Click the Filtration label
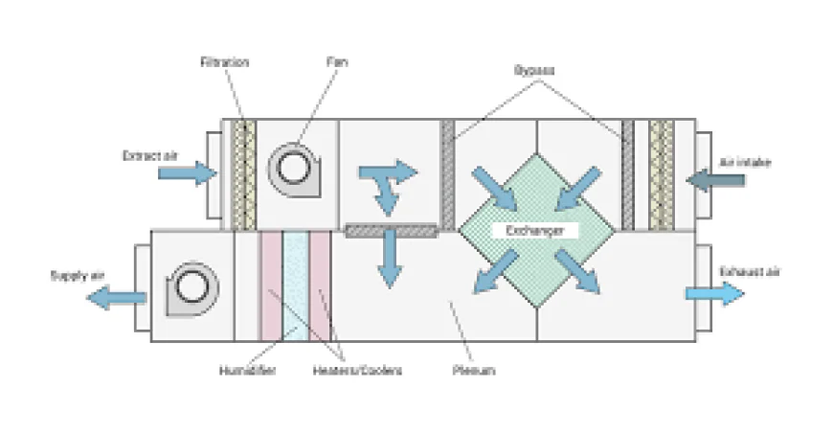pyautogui.click(x=225, y=62)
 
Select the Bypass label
pyautogui.click(x=534, y=71)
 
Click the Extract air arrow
pyautogui.click(x=187, y=173)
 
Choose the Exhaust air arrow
pyautogui.click(x=714, y=292)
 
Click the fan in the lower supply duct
pyautogui.click(x=192, y=287)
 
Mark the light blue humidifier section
pyautogui.click(x=295, y=285)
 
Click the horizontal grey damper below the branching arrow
pyautogui.click(x=391, y=230)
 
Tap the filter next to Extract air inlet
pyautogui.click(x=243, y=173)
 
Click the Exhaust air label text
pyautogui.click(x=750, y=272)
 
